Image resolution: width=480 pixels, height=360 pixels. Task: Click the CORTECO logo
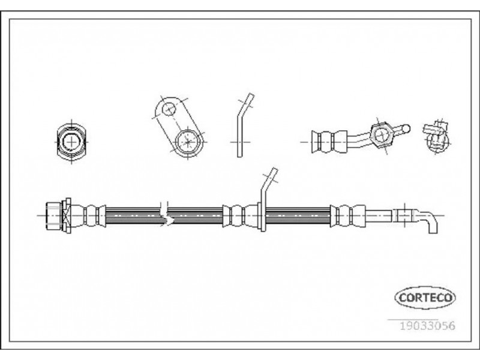425,297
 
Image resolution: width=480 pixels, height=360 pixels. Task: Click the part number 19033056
428,325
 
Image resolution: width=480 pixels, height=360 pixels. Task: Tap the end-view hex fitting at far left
71,142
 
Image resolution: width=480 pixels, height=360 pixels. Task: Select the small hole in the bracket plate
169,109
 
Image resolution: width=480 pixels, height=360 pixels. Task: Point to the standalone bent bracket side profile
244,125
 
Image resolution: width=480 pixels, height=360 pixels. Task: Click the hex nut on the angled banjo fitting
381,136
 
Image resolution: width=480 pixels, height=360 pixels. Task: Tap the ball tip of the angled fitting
406,128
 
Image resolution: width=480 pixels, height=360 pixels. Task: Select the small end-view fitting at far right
436,136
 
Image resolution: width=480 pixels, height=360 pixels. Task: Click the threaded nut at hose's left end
58,215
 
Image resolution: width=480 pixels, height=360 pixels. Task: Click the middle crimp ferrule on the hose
241,215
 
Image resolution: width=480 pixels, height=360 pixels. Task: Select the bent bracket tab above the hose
267,199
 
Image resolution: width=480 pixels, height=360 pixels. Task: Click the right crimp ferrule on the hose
347,216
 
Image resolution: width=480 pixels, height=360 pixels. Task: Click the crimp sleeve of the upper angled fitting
329,142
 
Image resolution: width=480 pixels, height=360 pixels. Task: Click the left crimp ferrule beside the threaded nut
88,215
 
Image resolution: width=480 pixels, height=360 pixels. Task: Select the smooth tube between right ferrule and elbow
379,215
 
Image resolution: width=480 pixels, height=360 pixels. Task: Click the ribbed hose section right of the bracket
298,215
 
